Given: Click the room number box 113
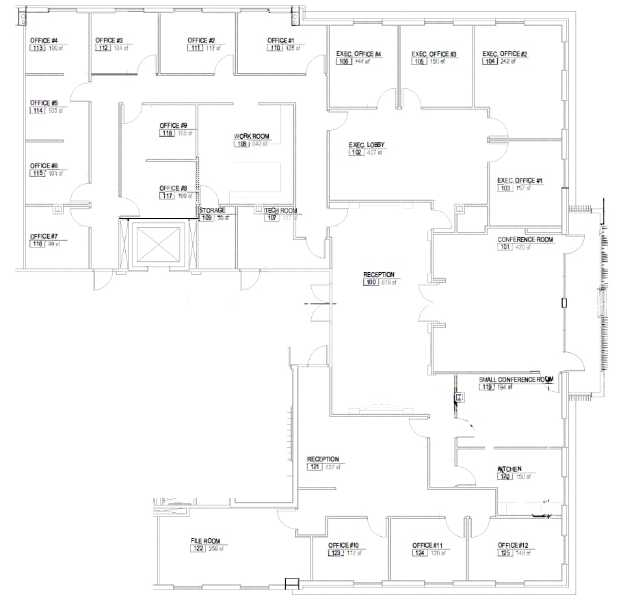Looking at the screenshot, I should click(37, 48).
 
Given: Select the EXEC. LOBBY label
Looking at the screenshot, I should click(367, 144).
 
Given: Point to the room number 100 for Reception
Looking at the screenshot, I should click(371, 282).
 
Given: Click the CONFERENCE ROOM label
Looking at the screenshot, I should click(525, 239).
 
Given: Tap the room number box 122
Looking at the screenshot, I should click(198, 548).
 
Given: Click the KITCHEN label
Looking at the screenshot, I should click(509, 469).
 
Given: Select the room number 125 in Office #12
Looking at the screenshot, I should click(505, 553).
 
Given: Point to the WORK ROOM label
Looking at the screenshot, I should click(249, 136).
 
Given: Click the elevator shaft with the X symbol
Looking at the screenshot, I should click(157, 243).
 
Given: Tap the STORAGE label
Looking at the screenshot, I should click(212, 210).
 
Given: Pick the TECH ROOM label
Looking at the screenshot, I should click(280, 210).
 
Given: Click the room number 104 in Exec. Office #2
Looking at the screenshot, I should click(489, 62).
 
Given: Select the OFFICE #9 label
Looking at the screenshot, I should click(173, 126).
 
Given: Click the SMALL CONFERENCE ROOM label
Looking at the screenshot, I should click(515, 380).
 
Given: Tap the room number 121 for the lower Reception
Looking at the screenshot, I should click(315, 467).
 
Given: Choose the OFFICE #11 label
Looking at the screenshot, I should click(428, 545).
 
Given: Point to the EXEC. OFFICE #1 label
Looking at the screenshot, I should click(520, 181).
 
